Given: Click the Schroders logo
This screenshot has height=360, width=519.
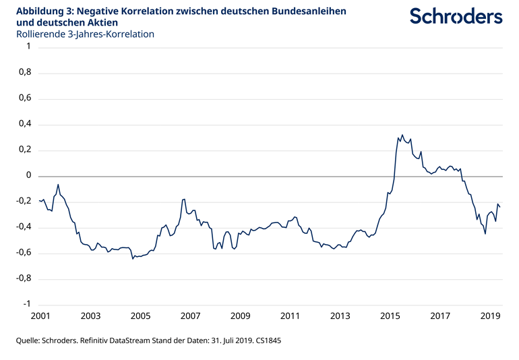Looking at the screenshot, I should click(456, 16).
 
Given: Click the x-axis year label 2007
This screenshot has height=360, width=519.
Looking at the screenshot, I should click(190, 316).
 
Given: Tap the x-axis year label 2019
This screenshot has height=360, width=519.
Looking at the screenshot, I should click(490, 316).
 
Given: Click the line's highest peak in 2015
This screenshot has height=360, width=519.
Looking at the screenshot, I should click(402, 135).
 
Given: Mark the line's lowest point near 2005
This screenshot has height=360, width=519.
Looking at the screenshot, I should click(133, 258).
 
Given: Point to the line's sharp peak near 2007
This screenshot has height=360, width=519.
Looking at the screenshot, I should click(184, 200).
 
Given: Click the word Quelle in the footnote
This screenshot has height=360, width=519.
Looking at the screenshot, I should click(30, 341).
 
